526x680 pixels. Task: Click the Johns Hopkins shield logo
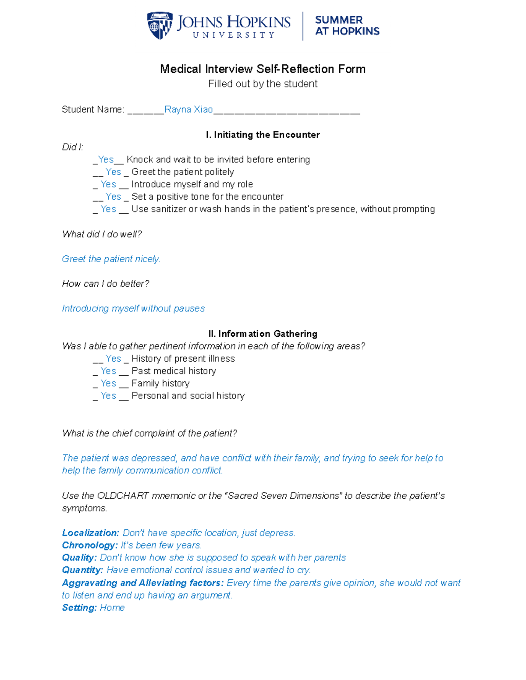(159, 26)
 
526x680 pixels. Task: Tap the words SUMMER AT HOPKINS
(347, 26)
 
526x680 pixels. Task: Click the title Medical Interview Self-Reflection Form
(263, 69)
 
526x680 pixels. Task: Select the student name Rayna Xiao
(188, 109)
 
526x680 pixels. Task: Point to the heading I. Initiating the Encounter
(263, 135)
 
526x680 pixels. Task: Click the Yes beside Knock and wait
(106, 159)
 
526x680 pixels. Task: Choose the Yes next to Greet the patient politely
(113, 172)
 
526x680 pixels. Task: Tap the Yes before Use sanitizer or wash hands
(108, 209)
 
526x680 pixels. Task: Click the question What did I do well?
(102, 234)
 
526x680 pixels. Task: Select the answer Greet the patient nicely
(111, 259)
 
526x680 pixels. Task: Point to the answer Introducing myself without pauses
(133, 309)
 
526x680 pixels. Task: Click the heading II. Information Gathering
(263, 334)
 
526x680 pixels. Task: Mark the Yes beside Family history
(108, 384)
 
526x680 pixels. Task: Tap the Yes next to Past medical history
(108, 371)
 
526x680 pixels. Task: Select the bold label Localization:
(90, 533)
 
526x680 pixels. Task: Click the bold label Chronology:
(89, 546)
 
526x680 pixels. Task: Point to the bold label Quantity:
(82, 570)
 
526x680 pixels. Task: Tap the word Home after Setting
(112, 608)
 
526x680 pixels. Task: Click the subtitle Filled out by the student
(263, 84)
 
